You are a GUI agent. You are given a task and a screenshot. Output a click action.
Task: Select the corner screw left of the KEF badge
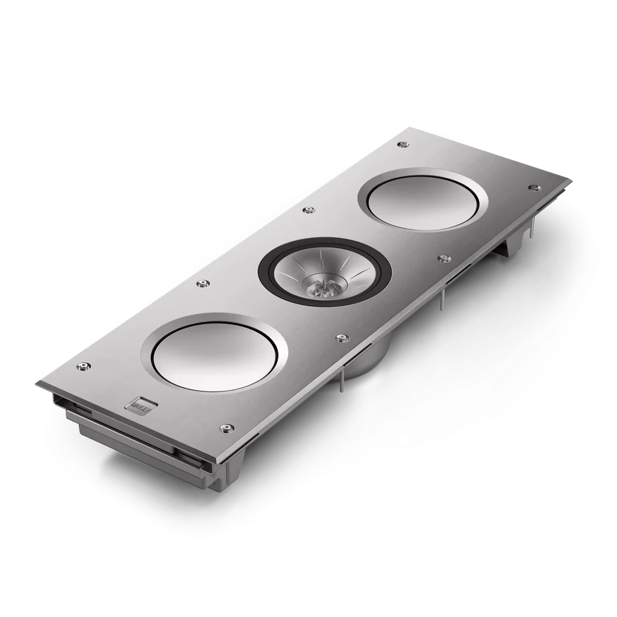pos(82,366)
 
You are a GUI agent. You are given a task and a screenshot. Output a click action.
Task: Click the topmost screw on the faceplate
pos(401,144)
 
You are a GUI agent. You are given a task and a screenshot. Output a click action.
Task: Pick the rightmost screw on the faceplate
pos(533,188)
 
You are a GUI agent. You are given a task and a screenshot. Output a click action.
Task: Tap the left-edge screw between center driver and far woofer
pos(309,210)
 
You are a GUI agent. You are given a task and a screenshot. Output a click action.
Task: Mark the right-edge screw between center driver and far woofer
pos(445,258)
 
